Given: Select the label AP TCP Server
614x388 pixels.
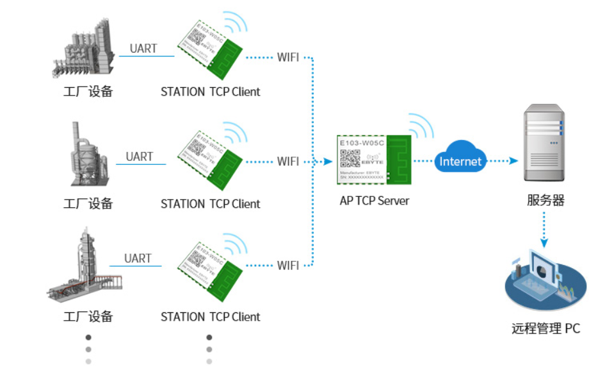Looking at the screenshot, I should pyautogui.click(x=375, y=201).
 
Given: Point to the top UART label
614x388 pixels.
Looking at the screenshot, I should pyautogui.click(x=143, y=49).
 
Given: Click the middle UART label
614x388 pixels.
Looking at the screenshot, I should pyautogui.click(x=139, y=156).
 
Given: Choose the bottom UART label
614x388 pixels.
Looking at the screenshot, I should pyautogui.click(x=138, y=258).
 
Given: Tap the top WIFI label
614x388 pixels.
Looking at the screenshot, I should pyautogui.click(x=288, y=57).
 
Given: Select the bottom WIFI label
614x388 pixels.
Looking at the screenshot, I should pyautogui.click(x=288, y=265).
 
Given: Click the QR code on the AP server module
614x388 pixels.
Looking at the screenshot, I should pyautogui.click(x=350, y=158).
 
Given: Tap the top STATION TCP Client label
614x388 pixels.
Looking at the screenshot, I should pyautogui.click(x=211, y=92).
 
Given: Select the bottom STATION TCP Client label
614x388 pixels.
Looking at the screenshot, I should pyautogui.click(x=211, y=317).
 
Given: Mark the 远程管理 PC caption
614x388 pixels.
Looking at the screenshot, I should pyautogui.click(x=546, y=329).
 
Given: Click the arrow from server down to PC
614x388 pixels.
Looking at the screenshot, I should pyautogui.click(x=544, y=231).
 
